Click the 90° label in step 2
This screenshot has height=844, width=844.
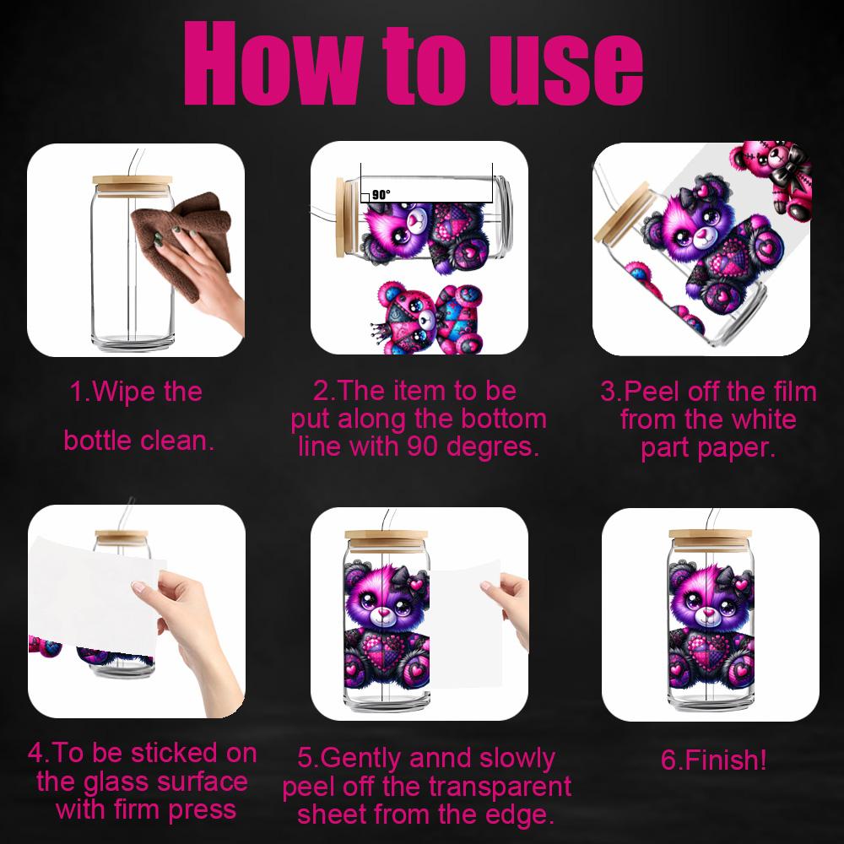(381, 195)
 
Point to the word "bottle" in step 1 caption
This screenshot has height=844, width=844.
(101, 440)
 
